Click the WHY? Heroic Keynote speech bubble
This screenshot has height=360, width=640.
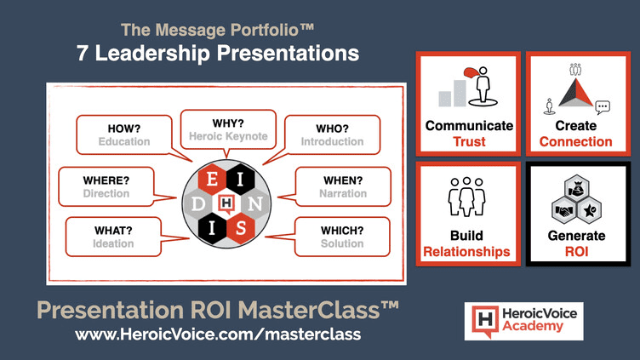(228, 130)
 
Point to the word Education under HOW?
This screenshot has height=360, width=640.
(124, 141)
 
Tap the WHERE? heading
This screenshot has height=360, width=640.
(106, 180)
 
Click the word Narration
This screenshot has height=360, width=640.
(343, 193)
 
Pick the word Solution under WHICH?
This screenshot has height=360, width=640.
(342, 243)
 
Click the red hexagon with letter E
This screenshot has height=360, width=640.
(212, 180)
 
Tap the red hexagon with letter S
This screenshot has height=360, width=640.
(241, 228)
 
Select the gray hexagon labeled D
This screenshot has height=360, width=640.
(198, 203)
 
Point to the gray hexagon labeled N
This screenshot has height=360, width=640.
(255, 203)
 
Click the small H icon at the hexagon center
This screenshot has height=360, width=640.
(226, 203)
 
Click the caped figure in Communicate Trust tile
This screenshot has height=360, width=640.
(482, 86)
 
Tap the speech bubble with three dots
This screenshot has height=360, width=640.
(603, 107)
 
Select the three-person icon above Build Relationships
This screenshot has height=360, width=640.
(466, 197)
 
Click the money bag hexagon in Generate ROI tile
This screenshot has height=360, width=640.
(576, 189)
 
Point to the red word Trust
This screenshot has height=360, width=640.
(469, 141)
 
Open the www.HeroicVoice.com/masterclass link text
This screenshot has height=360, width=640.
(218, 334)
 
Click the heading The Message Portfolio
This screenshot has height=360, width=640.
(218, 30)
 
